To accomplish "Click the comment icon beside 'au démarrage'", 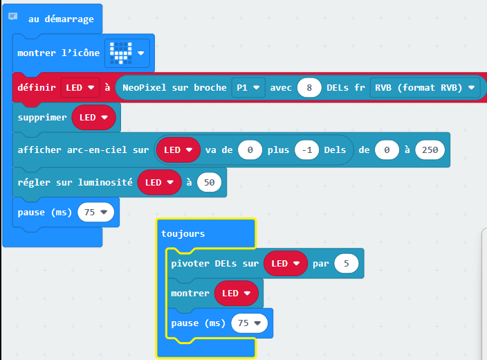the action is pos(12,16).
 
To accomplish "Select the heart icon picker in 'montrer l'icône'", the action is pos(127,53).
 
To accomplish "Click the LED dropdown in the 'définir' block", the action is pos(80,88).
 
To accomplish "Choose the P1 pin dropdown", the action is pos(248,88).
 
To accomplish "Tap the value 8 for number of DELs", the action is pos(309,88).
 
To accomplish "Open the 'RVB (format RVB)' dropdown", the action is pos(425,88).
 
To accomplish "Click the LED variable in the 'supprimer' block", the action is pos(93,118).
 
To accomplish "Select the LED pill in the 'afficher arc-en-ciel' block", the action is pos(178,150).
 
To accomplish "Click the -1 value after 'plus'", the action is pos(307,150).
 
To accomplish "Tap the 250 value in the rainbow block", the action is pos(430,150).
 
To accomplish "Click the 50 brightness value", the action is pos(209,182).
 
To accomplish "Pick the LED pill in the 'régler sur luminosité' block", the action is pos(159,182).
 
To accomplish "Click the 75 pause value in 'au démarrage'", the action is pos(95,213).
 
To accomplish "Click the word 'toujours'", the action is pos(183,234).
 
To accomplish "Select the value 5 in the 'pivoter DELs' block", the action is pos(347,264).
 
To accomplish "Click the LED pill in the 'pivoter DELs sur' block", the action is pos(286,264).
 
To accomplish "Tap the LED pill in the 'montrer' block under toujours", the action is pos(236,293).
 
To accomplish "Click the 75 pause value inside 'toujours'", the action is pos(249,323).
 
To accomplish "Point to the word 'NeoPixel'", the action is pos(145,88).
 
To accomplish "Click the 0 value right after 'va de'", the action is pos(250,150).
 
